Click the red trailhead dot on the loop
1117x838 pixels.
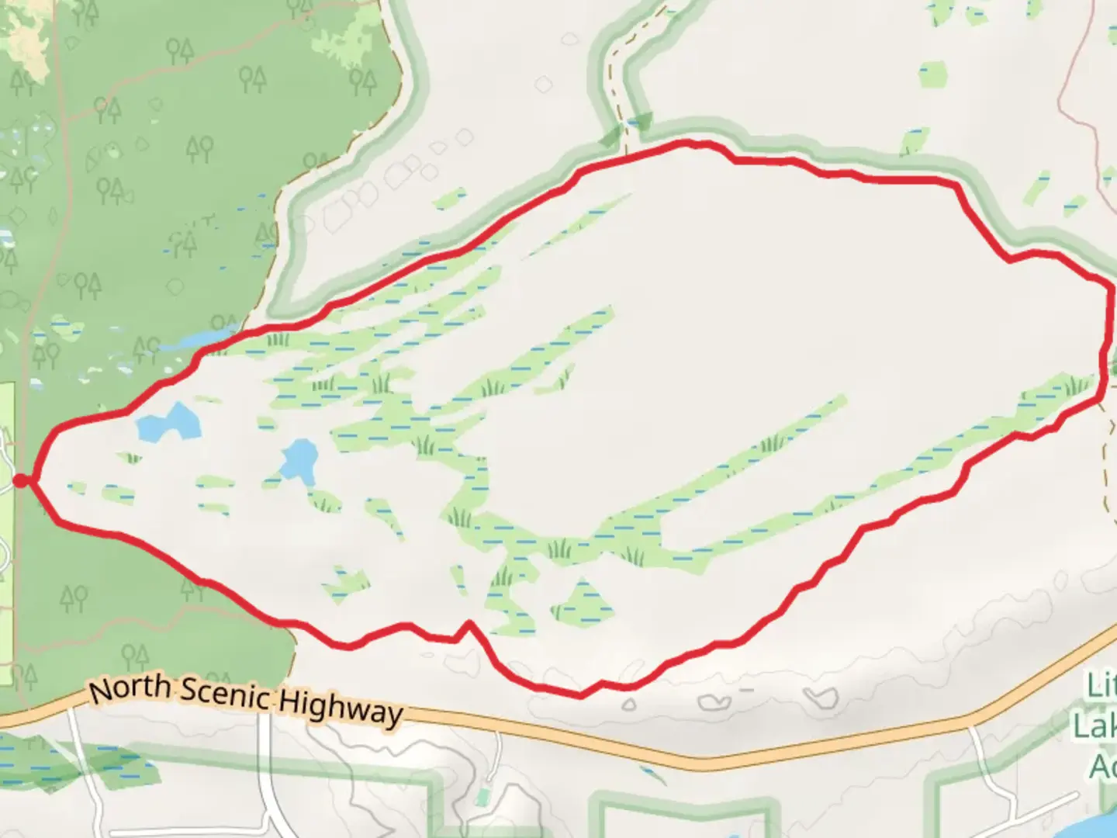click(x=21, y=481)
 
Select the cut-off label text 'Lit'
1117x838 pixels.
click(x=1101, y=686)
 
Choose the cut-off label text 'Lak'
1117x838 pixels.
click(x=1095, y=726)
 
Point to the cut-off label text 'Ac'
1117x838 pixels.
click(x=1102, y=766)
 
